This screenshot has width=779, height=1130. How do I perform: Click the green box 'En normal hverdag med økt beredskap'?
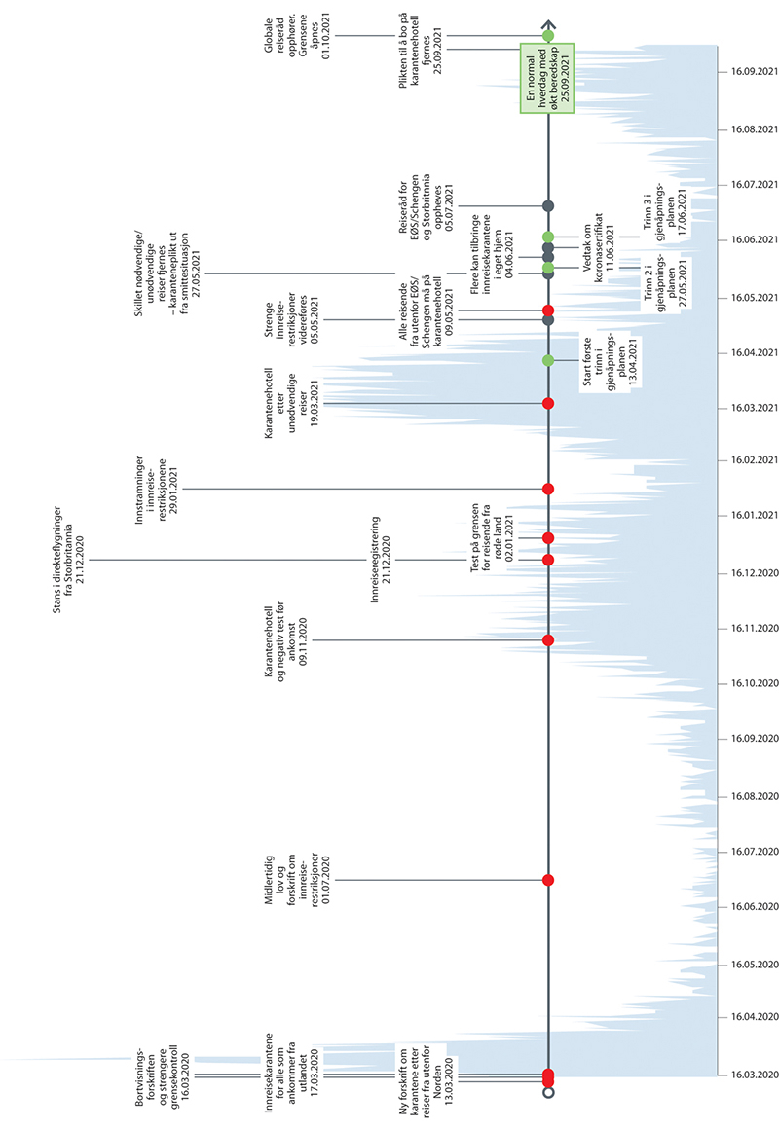(545, 78)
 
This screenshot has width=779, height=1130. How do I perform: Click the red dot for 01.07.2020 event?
(548, 880)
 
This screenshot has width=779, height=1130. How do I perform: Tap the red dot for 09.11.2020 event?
(548, 639)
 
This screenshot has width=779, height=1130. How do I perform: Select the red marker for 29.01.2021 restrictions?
(548, 489)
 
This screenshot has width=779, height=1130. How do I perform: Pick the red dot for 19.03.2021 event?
(548, 403)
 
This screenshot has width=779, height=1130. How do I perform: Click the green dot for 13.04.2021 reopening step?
(548, 361)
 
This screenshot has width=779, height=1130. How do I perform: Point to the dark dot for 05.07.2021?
(548, 205)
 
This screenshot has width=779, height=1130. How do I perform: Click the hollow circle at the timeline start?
(548, 1093)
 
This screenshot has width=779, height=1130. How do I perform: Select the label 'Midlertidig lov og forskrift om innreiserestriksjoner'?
(291, 880)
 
